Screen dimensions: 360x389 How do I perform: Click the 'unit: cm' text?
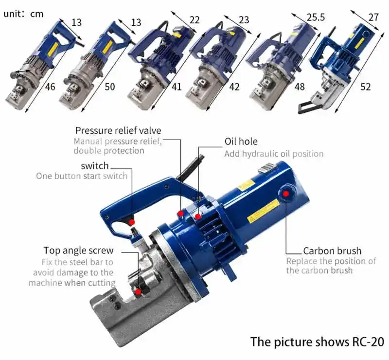tap(23, 14)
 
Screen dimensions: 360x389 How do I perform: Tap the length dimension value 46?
tap(50, 87)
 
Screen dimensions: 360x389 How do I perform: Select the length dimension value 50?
tap(109, 87)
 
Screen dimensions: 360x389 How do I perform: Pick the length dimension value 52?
tap(365, 87)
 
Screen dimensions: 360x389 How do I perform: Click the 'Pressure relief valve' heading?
tap(118, 130)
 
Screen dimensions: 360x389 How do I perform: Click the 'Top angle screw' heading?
tap(78, 251)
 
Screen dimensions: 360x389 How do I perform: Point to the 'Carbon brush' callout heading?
tap(332, 251)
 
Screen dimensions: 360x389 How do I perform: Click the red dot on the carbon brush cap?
tap(286, 194)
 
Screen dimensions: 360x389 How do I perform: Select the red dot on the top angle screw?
tap(139, 291)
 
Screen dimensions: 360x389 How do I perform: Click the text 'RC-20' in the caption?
tap(366, 342)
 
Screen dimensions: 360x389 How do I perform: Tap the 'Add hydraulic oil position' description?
tap(274, 154)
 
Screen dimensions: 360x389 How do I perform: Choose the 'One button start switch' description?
tap(82, 176)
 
